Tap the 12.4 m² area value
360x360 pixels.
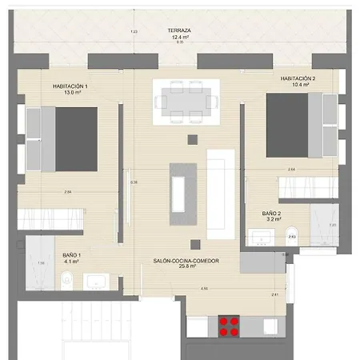pyautogui.click(x=180, y=37)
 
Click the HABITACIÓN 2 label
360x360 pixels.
pyautogui.click(x=298, y=78)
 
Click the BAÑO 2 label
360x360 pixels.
pyautogui.click(x=271, y=214)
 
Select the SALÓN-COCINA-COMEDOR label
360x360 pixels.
pyautogui.click(x=187, y=261)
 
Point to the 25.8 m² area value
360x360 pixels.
pyautogui.click(x=187, y=267)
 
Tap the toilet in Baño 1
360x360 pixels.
pyautogui.click(x=68, y=279)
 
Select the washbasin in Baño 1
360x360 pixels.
pyautogui.click(x=95, y=281)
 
